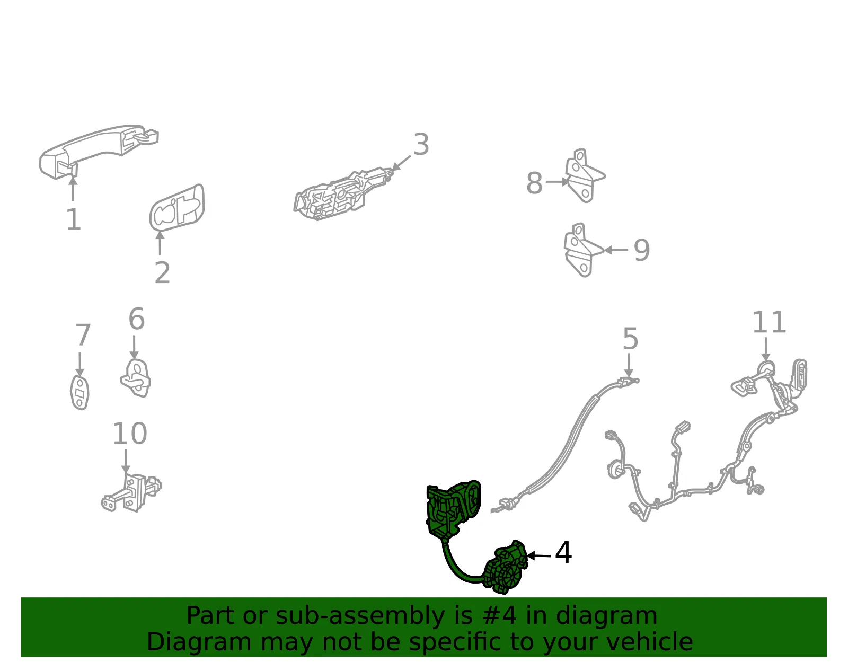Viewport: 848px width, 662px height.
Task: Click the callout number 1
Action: coord(73,219)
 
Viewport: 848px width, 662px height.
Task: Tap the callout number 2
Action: coord(162,272)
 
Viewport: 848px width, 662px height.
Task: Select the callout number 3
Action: coord(421,144)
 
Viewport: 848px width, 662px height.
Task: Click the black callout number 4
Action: coord(563,553)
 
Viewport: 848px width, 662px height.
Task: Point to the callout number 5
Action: coord(630,339)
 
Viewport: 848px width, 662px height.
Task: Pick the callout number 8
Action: coord(534,182)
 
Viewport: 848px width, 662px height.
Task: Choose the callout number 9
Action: coord(641,250)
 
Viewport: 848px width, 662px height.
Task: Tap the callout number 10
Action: coord(130,434)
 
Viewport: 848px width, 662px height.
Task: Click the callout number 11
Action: coord(769,322)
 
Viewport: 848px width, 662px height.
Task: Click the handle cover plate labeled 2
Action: coord(177,208)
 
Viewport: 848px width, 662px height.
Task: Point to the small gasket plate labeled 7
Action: coord(79,392)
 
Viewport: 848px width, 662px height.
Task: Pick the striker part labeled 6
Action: coord(135,378)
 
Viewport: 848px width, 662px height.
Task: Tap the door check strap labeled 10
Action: coord(131,493)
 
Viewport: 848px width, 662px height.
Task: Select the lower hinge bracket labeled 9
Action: coord(582,250)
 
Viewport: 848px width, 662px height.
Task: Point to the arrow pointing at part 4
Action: coord(539,555)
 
